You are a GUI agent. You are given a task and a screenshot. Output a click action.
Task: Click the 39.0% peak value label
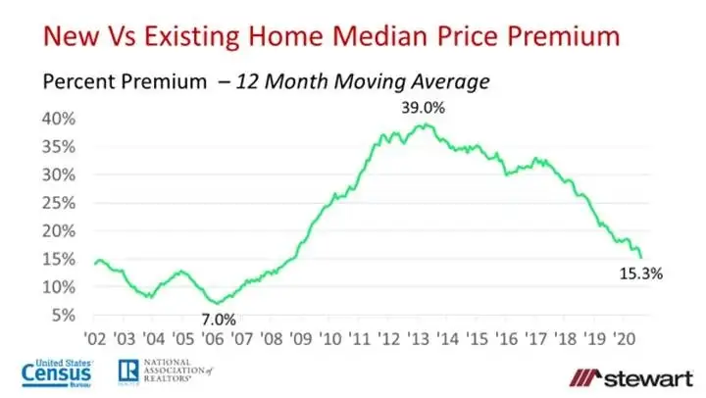[x=424, y=108]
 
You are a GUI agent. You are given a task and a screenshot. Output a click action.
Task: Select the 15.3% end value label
[x=642, y=274]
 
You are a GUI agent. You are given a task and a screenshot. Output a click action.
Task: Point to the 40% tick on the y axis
[x=57, y=119]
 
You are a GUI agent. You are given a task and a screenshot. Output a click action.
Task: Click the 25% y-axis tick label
[x=57, y=203]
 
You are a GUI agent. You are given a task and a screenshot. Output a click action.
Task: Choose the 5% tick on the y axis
[x=61, y=316]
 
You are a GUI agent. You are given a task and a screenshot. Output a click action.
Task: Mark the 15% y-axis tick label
[x=57, y=259]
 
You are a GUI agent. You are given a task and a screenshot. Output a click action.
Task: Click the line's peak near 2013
[x=423, y=124]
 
